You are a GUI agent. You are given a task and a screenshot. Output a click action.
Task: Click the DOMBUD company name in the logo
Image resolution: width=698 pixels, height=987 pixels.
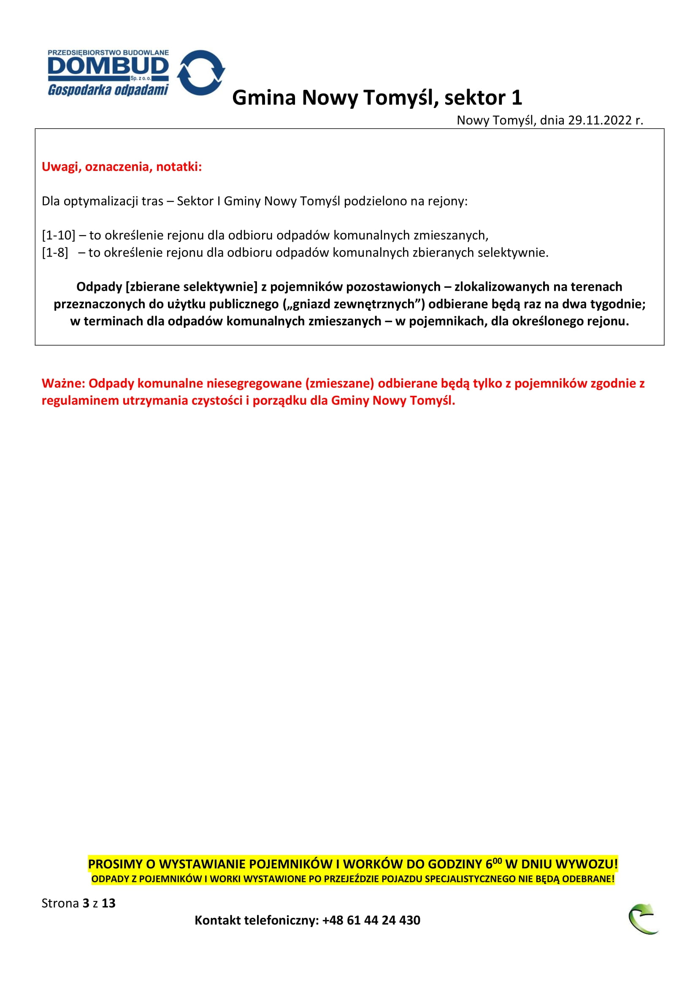click(x=108, y=66)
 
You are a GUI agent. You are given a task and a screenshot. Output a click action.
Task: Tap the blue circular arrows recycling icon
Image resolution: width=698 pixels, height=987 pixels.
click(x=201, y=72)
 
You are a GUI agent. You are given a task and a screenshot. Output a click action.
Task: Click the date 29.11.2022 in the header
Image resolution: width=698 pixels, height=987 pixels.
click(x=600, y=120)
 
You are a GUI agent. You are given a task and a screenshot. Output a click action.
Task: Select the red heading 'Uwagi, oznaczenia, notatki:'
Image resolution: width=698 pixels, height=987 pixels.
click(x=122, y=167)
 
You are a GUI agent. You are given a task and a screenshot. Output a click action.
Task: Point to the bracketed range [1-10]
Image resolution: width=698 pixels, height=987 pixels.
click(x=59, y=235)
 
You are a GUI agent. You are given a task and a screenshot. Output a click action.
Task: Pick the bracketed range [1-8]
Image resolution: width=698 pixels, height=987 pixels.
click(x=55, y=253)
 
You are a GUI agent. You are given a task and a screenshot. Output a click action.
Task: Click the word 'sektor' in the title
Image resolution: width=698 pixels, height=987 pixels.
click(x=475, y=98)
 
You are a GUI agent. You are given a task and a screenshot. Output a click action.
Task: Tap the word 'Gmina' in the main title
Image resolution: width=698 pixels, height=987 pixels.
click(x=264, y=98)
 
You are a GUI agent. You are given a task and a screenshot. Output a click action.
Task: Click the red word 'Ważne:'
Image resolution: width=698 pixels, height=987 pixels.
click(x=64, y=384)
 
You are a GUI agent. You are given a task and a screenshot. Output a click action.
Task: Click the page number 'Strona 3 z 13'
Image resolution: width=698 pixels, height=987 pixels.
click(x=78, y=903)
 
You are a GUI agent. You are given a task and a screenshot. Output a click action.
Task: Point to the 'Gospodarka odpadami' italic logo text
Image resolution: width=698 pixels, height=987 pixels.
click(x=108, y=90)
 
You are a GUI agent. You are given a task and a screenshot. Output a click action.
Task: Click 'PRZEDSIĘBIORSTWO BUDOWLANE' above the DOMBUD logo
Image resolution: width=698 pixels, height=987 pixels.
click(x=108, y=52)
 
